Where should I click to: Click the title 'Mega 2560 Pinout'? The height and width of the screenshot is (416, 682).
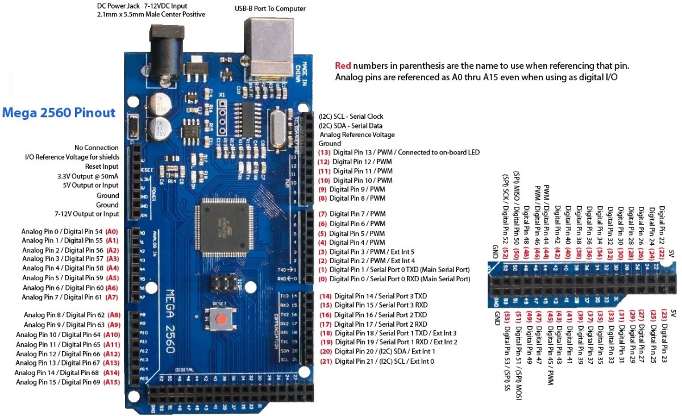click(59, 113)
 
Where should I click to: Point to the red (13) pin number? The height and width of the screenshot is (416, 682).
click(325, 153)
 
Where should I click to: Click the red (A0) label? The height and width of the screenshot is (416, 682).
click(112, 232)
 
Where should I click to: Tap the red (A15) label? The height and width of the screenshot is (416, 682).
click(112, 382)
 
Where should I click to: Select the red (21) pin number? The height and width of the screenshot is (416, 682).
click(326, 361)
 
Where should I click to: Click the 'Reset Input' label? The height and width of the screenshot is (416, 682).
click(102, 167)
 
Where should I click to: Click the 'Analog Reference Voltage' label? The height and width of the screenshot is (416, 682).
click(357, 135)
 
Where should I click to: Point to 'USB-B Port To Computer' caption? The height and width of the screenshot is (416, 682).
click(270, 9)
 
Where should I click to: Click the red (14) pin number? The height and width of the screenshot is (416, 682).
click(326, 296)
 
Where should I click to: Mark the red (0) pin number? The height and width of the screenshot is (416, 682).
click(323, 279)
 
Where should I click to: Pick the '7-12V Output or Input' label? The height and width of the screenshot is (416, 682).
click(87, 214)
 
